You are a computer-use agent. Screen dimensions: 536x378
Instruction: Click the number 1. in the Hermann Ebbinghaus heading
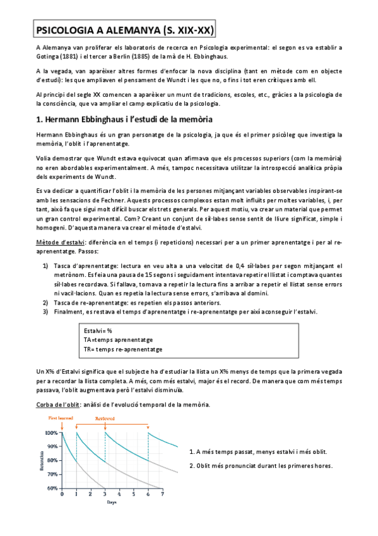pos(38,119)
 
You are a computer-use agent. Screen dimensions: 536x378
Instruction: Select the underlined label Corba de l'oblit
pos(58,404)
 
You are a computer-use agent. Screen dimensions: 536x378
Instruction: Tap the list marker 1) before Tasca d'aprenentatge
pos(46,265)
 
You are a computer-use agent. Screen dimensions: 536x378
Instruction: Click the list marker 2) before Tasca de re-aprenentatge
pos(46,303)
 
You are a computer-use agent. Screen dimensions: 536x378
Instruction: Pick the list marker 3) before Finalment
pos(46,312)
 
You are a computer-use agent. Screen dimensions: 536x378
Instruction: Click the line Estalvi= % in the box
pos(98,331)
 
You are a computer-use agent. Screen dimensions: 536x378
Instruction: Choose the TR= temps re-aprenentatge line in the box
pos(123,349)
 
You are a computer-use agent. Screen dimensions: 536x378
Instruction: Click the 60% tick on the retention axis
pos(52,487)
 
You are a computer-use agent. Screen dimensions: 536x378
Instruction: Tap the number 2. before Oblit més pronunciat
pos(192,466)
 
